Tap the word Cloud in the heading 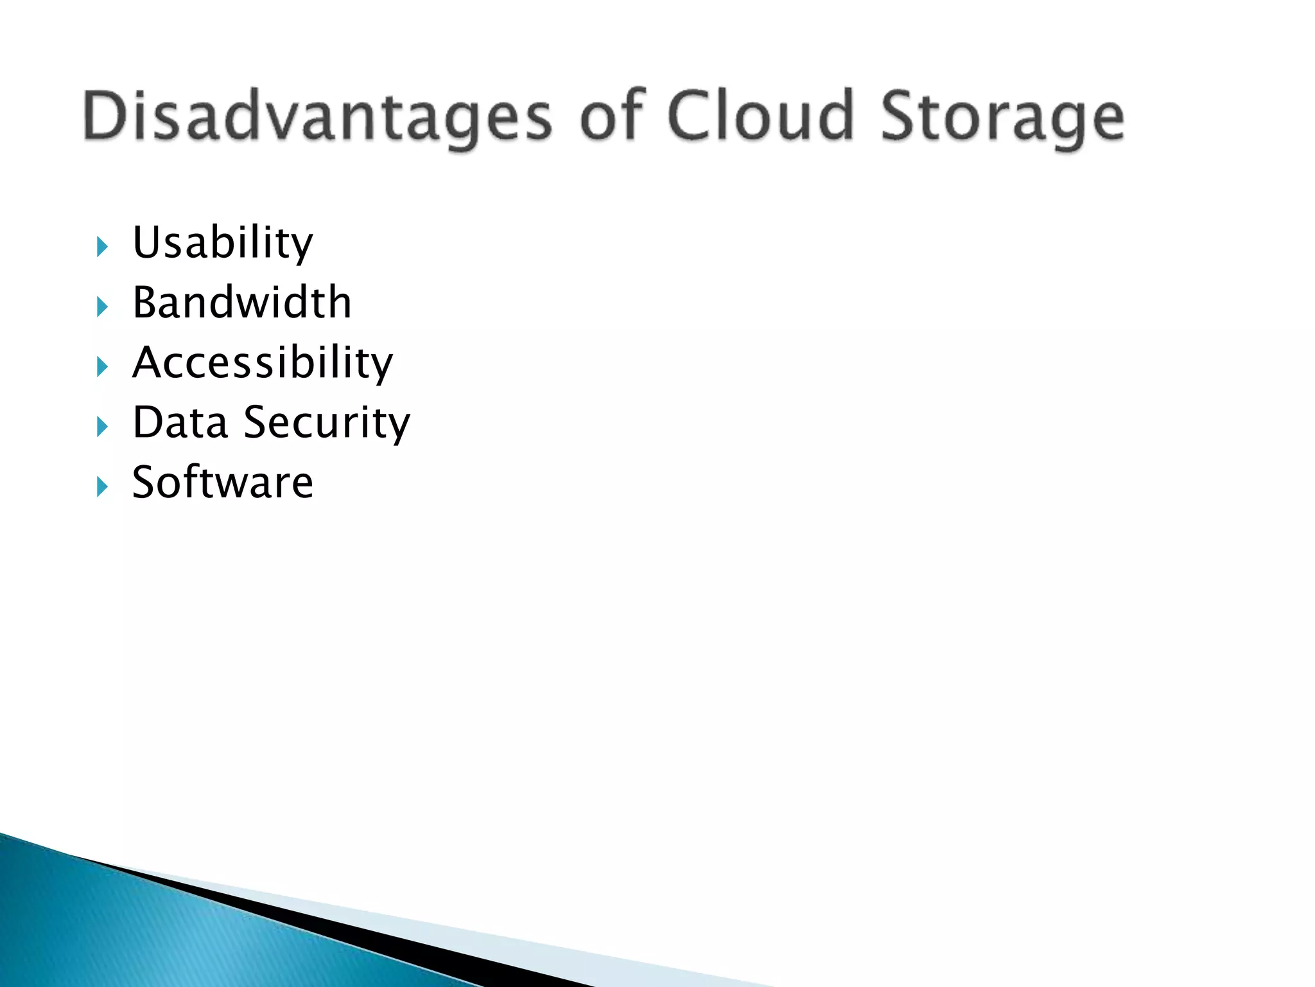coord(761,116)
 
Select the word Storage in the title coord(1002,117)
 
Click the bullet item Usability coord(222,243)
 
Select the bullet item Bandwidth coord(241,302)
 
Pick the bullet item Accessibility coord(262,362)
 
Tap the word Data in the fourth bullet coord(180,422)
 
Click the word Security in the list coord(327,423)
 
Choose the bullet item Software coord(222,482)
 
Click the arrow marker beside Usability coord(102,247)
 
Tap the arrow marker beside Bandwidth coord(102,307)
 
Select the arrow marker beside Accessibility coord(102,367)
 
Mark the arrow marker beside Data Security coord(102,427)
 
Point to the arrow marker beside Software coord(102,486)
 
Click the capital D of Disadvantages coord(106,116)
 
